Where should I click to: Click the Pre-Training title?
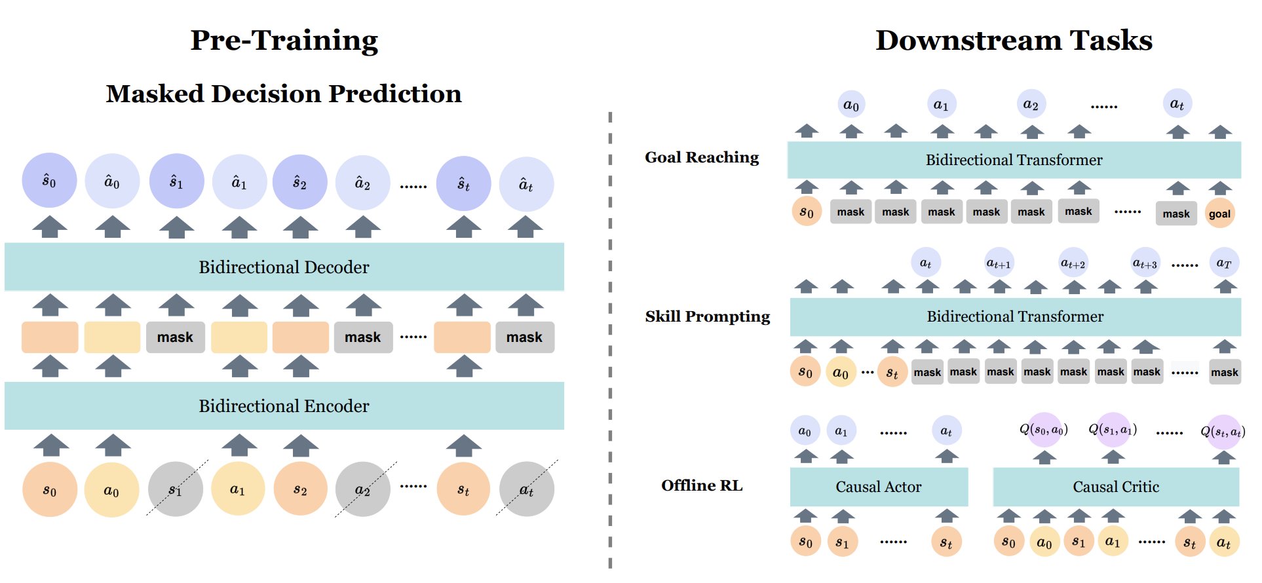pyautogui.click(x=284, y=41)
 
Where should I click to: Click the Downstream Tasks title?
pyautogui.click(x=1013, y=41)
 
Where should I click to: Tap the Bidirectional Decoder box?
pyautogui.click(x=284, y=267)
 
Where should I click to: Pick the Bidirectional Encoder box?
pyautogui.click(x=284, y=406)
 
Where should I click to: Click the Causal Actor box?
pyautogui.click(x=878, y=487)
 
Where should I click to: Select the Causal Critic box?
pyautogui.click(x=1115, y=487)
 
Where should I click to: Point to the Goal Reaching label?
pyautogui.click(x=701, y=157)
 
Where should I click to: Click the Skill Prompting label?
pyautogui.click(x=707, y=316)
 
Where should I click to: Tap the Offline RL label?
pyautogui.click(x=701, y=485)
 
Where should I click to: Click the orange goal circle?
pyautogui.click(x=1219, y=214)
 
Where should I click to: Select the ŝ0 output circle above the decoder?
pyautogui.click(x=49, y=181)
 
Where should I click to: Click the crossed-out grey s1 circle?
pyautogui.click(x=175, y=489)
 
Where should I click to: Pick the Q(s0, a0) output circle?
pyautogui.click(x=1044, y=430)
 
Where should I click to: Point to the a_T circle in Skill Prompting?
pyautogui.click(x=1223, y=263)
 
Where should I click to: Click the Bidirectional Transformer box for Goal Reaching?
pyautogui.click(x=1013, y=160)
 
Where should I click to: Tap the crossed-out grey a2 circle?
pyautogui.click(x=362, y=489)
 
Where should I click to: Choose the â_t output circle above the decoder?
pyautogui.click(x=526, y=185)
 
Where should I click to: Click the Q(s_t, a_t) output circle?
pyautogui.click(x=1223, y=432)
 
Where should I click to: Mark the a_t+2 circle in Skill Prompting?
pyautogui.click(x=1073, y=263)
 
